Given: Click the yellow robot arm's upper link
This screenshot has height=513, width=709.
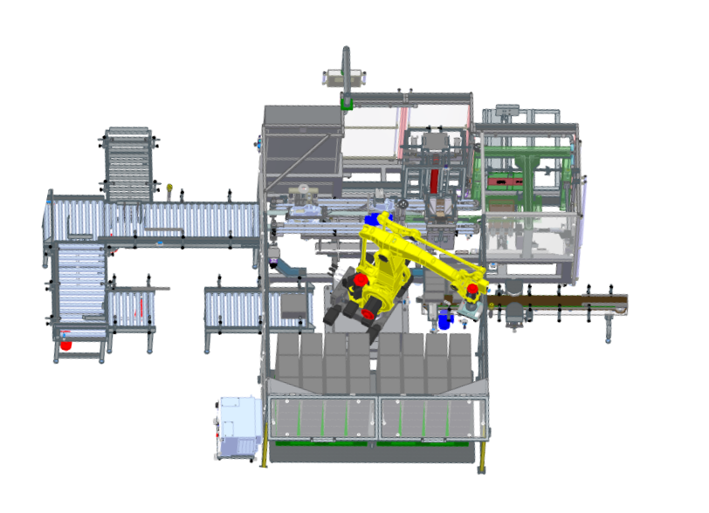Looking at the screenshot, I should click(x=432, y=253).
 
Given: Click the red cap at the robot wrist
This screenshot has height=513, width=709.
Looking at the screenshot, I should click(x=472, y=289).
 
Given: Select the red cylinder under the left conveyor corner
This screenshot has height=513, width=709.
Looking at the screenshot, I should click(x=66, y=344).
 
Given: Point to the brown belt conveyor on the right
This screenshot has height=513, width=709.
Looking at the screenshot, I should click(x=559, y=302).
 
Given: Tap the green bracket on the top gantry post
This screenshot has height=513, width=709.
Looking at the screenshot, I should click(x=347, y=102).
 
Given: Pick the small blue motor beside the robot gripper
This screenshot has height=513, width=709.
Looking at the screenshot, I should click(x=444, y=321).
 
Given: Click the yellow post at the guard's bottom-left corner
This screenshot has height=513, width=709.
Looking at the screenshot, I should click(x=264, y=454).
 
